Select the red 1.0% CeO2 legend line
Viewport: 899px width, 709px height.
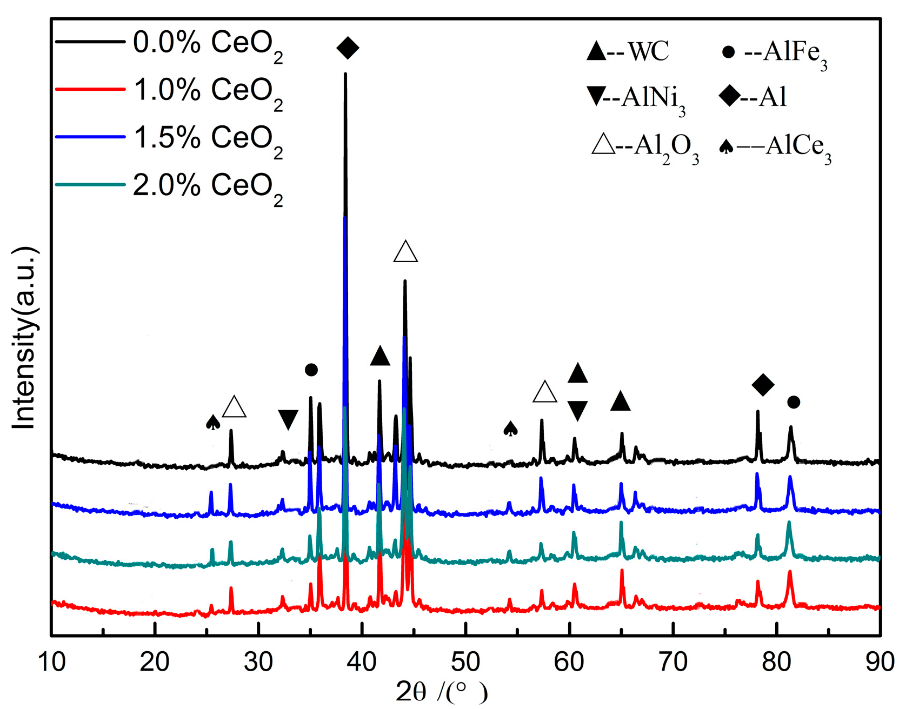click(x=90, y=89)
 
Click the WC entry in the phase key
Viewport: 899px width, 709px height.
click(x=629, y=52)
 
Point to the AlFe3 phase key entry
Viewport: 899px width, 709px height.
click(x=775, y=53)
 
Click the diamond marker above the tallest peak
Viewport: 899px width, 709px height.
click(x=348, y=48)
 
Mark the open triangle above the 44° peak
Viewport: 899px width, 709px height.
click(x=405, y=252)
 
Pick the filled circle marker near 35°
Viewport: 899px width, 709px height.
click(x=311, y=370)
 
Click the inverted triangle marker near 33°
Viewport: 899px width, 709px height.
click(x=288, y=419)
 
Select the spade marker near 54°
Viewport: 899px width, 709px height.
click(x=510, y=429)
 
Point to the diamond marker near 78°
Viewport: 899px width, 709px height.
click(x=763, y=384)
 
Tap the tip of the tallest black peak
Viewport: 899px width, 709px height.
click(x=345, y=74)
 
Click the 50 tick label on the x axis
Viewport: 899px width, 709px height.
click(x=465, y=661)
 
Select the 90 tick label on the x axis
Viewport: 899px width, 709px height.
click(x=880, y=661)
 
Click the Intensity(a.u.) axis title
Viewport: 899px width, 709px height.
click(x=24, y=338)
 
